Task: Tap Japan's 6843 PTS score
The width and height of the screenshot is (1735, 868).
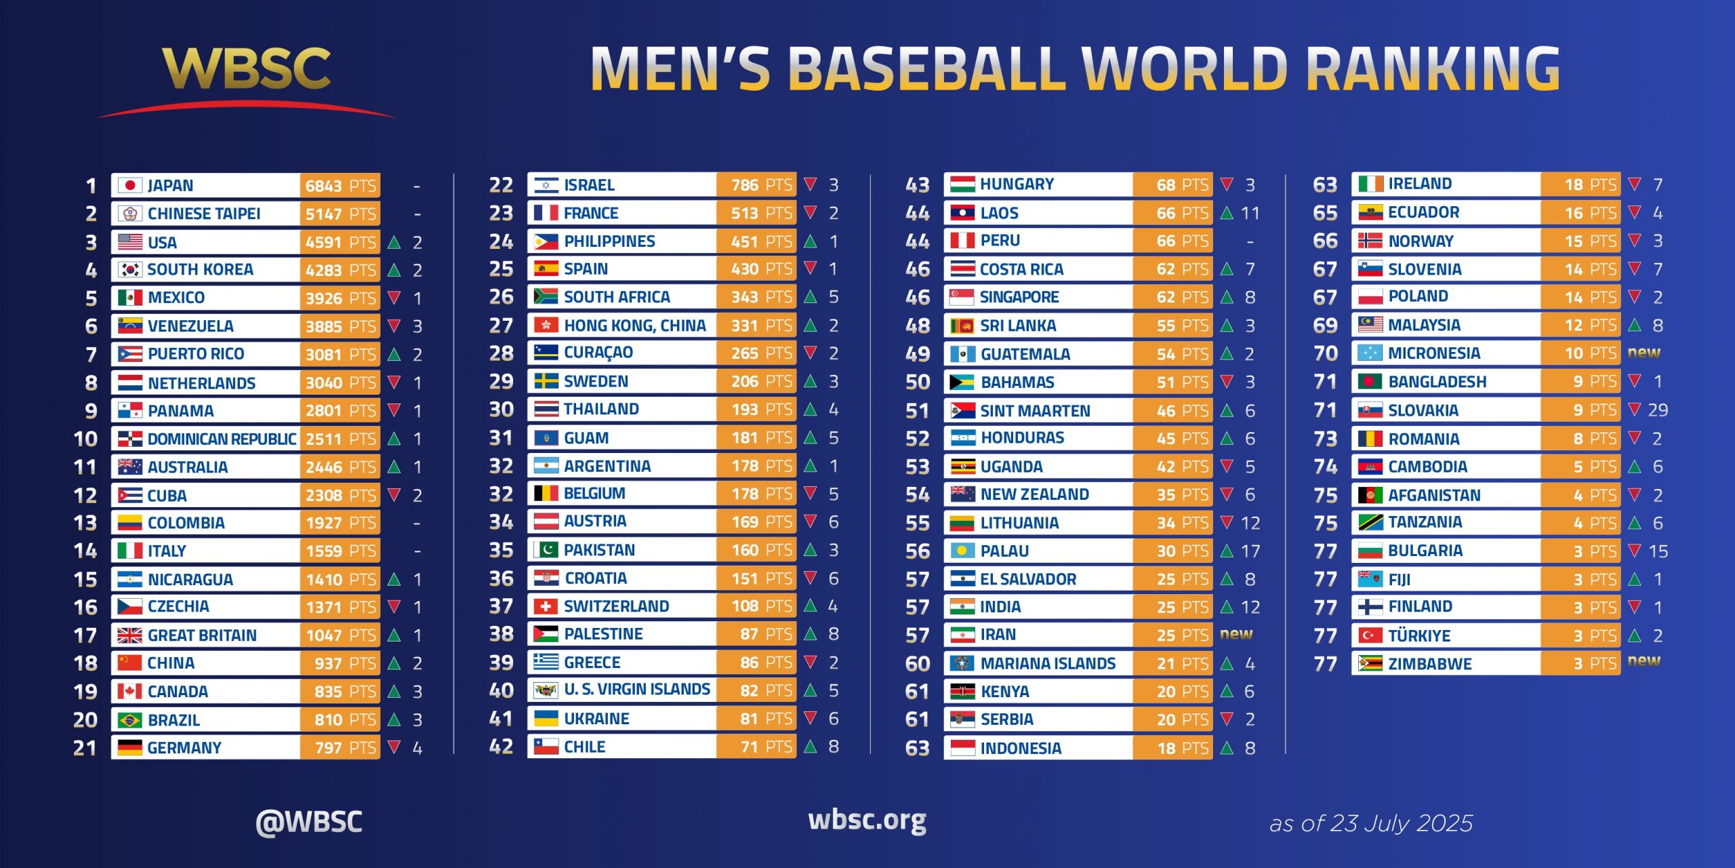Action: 340,186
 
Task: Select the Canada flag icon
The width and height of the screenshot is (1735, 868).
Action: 129,691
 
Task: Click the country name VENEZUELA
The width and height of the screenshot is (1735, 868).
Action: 190,326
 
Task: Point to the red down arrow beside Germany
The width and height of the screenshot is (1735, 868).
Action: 394,747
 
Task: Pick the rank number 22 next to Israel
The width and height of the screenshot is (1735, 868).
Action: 501,184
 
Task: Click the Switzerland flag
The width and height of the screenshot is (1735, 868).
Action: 546,606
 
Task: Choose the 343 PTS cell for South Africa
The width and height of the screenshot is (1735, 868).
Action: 760,297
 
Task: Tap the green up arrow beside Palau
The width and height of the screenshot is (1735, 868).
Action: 1227,551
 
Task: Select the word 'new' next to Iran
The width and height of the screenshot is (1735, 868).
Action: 1236,634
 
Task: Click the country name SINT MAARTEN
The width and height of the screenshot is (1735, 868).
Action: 1035,410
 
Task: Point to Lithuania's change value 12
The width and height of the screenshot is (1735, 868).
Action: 1250,523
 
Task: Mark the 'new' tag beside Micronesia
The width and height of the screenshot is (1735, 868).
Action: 1644,353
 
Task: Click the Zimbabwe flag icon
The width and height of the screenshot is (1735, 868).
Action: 1370,663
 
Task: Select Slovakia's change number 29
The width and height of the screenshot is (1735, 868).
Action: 1658,410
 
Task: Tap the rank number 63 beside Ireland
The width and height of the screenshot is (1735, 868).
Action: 1325,184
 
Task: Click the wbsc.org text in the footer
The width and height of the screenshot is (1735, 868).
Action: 867,821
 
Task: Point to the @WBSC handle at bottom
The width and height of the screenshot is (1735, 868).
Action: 309,821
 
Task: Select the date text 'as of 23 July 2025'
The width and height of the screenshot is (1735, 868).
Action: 1370,823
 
